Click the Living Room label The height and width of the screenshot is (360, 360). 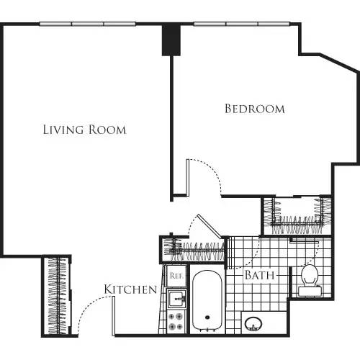[x=84, y=130]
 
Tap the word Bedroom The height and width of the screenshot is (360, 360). [x=254, y=109]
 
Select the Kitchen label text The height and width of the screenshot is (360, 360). [x=130, y=289]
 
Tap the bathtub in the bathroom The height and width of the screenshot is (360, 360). [x=208, y=300]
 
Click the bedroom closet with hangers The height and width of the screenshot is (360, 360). [x=294, y=215]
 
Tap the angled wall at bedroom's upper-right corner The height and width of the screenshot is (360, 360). [x=328, y=60]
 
